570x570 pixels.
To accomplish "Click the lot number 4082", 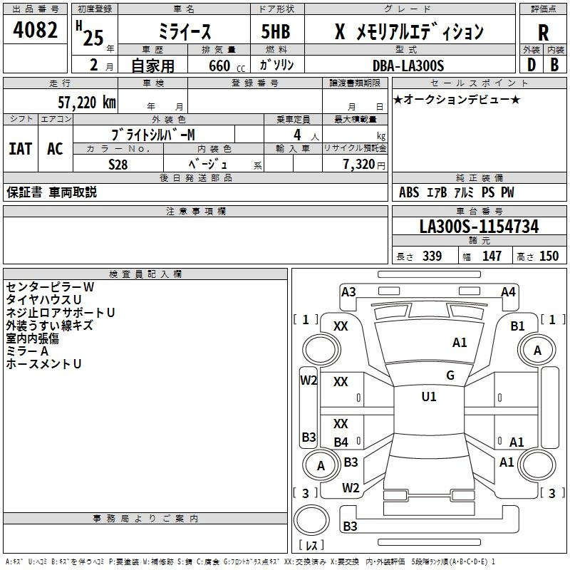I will click(36, 32).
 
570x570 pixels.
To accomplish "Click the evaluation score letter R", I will click(544, 32).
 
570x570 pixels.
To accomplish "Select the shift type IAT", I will click(20, 149).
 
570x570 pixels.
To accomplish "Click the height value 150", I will click(549, 256).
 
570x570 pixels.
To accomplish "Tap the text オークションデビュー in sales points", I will click(460, 99).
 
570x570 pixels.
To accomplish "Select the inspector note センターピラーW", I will click(50, 286).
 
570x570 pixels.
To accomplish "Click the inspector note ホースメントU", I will click(43, 363).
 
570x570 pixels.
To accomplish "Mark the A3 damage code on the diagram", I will click(348, 291).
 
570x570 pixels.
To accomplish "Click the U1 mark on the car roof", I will click(429, 397).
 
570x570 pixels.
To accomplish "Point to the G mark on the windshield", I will click(450, 375).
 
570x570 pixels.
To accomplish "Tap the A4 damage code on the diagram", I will click(508, 291).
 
